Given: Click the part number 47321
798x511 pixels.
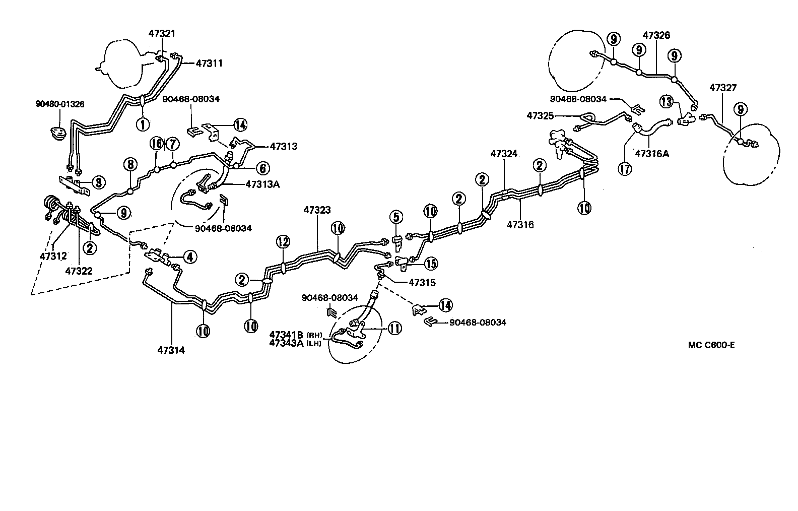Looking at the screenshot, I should [162, 33].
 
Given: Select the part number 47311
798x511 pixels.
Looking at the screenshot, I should [209, 63].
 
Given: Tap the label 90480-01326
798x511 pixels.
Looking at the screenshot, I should [60, 104].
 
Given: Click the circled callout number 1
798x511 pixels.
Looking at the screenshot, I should [143, 123].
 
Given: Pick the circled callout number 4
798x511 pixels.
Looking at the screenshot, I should [189, 258].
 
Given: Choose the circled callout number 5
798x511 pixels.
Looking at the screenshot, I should [396, 217].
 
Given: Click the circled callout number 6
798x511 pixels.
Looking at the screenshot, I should [262, 168].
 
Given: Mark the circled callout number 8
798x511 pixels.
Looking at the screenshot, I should [130, 164].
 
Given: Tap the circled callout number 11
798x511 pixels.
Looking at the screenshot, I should [394, 329].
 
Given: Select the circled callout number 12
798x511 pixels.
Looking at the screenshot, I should [283, 242].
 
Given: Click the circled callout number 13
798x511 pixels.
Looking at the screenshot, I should [667, 102].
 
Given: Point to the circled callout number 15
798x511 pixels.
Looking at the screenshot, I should [431, 263].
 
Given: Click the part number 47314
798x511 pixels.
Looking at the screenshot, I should [171, 350].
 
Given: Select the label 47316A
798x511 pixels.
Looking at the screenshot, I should [652, 154].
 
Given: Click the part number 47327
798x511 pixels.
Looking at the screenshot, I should [723, 88].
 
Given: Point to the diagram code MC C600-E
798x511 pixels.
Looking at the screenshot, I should [711, 345].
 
